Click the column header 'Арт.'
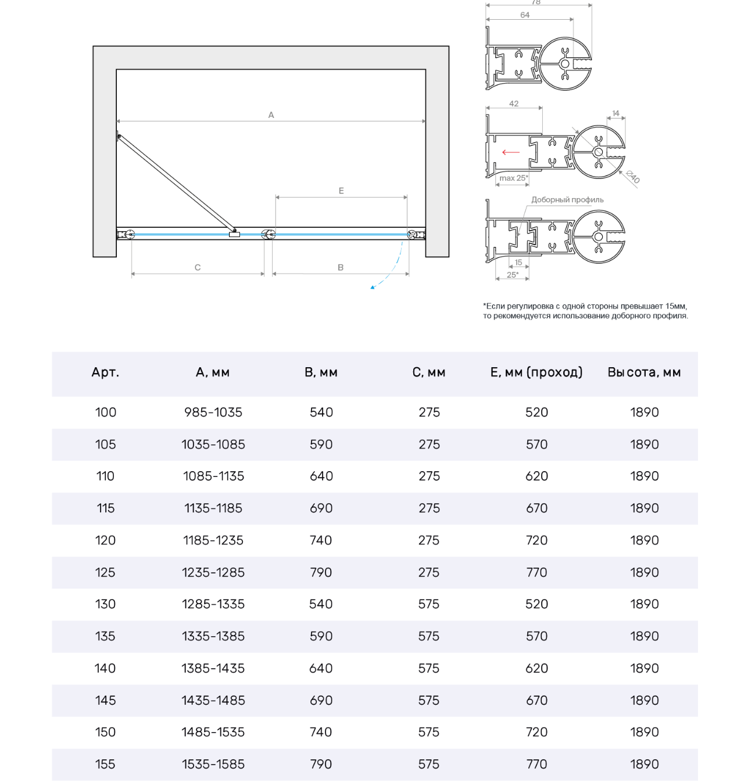(105, 372)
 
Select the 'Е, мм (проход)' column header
(536, 372)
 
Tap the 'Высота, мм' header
(644, 372)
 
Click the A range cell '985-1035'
(213, 412)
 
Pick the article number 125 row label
(105, 572)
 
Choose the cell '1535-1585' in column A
(213, 765)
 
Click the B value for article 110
(321, 476)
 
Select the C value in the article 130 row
(429, 604)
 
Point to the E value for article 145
(536, 701)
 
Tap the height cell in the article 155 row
(645, 765)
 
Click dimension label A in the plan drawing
(271, 115)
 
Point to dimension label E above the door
(341, 191)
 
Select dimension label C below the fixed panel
(198, 267)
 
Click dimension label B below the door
(341, 267)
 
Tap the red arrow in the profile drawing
(511, 152)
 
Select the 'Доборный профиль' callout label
(567, 200)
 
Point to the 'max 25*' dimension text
(514, 178)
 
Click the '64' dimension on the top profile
(525, 15)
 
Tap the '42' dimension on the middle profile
(514, 103)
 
